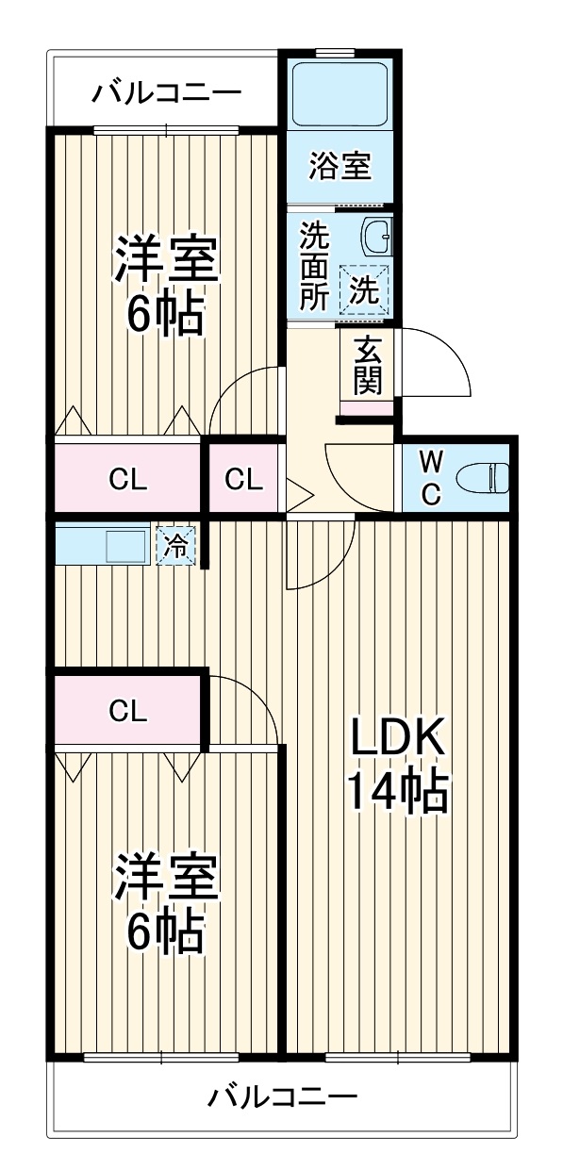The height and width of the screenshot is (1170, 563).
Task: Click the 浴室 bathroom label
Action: click(339, 167)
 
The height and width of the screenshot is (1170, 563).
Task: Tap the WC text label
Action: click(429, 479)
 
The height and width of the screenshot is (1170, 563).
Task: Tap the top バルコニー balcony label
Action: click(166, 93)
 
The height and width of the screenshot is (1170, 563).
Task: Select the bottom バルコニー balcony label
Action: click(282, 1096)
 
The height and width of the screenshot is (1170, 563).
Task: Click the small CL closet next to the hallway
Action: click(243, 479)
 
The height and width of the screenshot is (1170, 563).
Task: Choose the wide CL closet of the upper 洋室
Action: click(127, 479)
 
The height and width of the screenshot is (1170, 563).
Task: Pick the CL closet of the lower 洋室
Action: click(127, 711)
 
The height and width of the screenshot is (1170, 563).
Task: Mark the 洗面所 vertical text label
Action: click(312, 266)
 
